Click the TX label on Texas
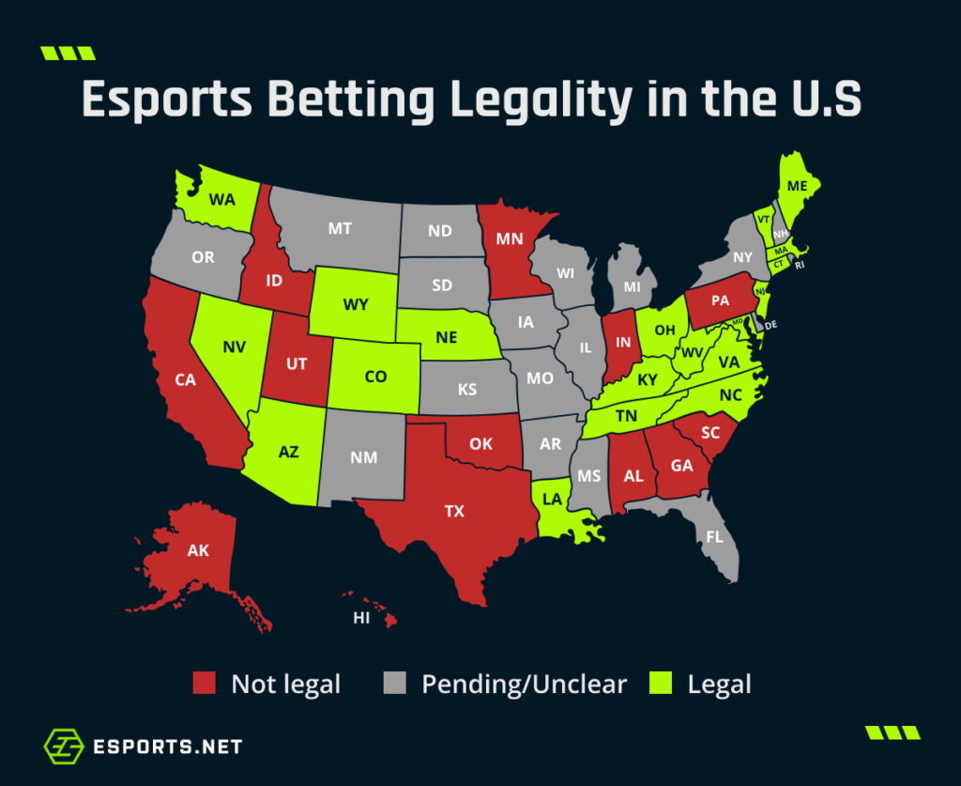454,512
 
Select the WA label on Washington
221,200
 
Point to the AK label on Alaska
198,551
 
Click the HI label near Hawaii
361,618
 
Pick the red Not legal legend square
206,684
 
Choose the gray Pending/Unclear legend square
395,684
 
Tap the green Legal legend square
662,684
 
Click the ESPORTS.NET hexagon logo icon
64,747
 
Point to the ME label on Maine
797,187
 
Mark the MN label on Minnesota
509,239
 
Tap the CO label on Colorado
375,377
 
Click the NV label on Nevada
235,347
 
